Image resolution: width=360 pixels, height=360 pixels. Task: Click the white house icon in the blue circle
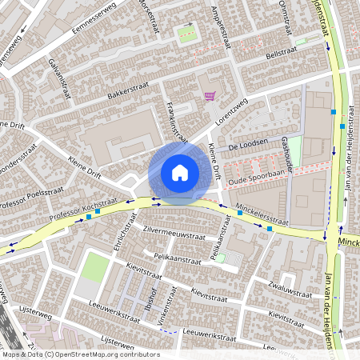(x=180, y=173)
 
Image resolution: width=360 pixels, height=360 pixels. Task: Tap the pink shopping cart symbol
(x=210, y=96)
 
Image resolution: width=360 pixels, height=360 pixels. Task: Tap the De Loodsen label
(x=246, y=147)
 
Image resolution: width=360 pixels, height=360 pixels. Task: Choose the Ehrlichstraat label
(x=120, y=232)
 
